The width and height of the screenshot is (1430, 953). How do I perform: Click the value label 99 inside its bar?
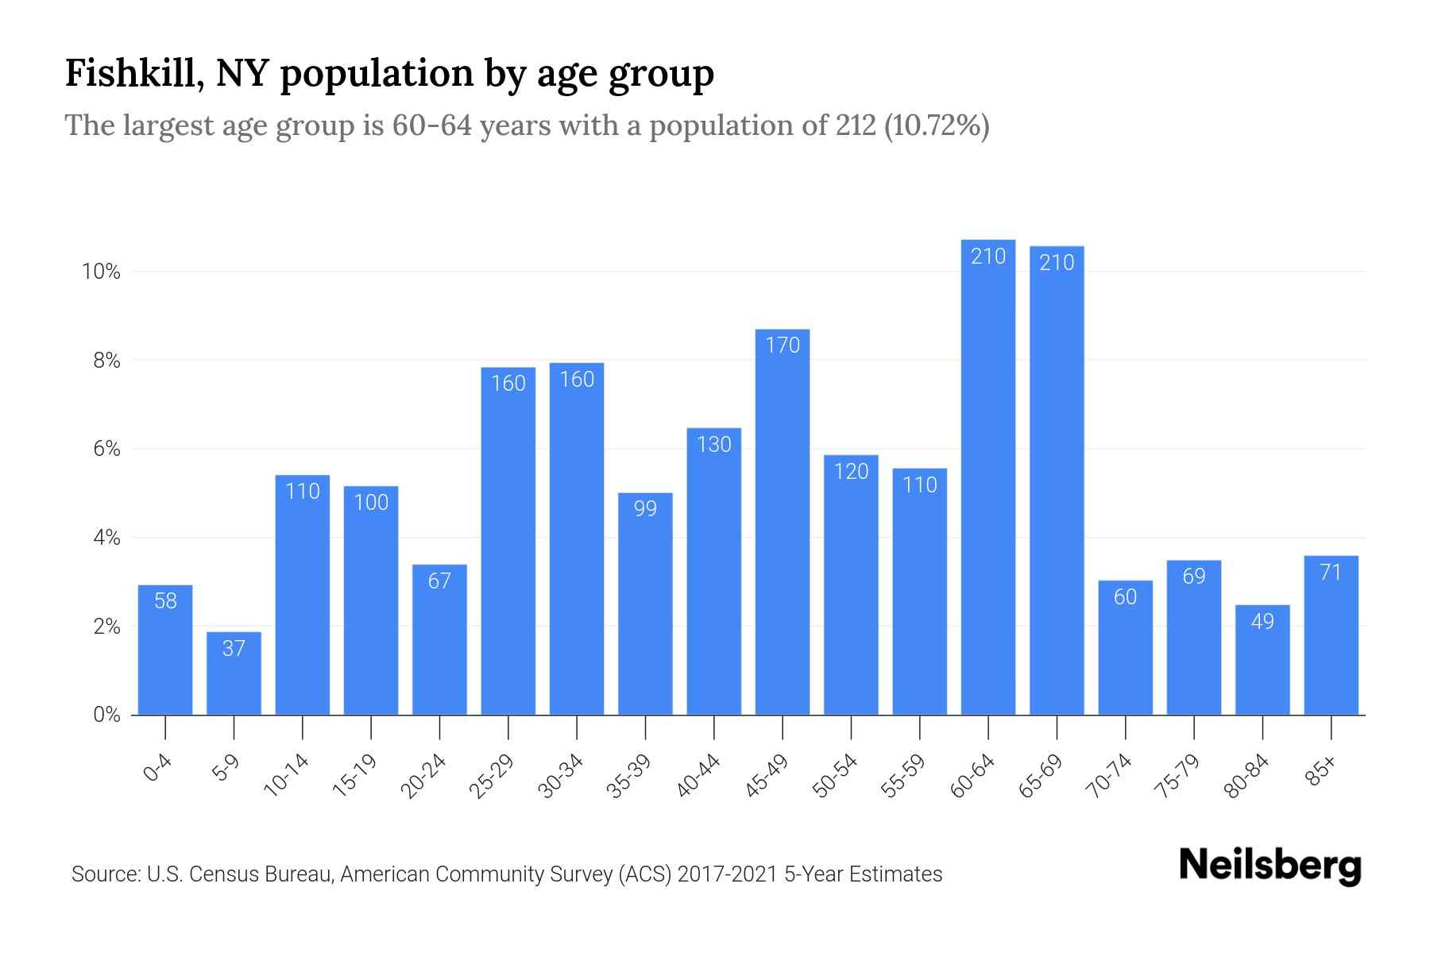[645, 508]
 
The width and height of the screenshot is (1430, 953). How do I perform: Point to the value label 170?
[783, 345]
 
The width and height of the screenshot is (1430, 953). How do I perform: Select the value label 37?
[234, 649]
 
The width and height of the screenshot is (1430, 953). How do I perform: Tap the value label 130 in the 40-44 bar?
[713, 445]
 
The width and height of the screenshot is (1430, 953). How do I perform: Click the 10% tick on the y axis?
[101, 272]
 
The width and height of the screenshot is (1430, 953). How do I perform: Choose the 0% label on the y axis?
[106, 715]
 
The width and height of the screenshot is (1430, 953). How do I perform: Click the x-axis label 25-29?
[492, 777]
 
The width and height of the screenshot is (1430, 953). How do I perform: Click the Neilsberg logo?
[1270, 866]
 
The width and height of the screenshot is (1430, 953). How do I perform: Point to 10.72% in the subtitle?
[937, 125]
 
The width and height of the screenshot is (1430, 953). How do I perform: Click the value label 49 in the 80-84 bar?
[1262, 622]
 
